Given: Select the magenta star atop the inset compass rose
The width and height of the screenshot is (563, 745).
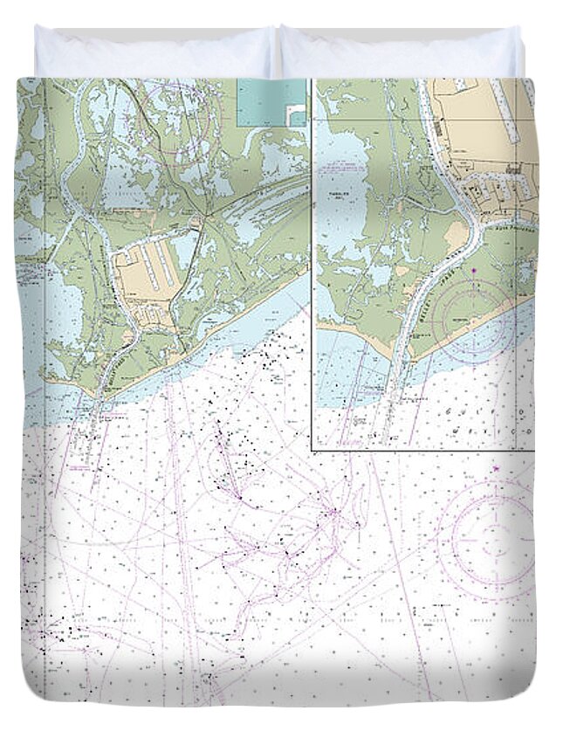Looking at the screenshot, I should point(473,272).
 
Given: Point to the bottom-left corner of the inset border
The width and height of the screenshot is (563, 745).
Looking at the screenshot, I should point(312,450).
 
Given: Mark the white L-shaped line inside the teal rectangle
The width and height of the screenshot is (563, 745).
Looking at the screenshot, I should point(297,114).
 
